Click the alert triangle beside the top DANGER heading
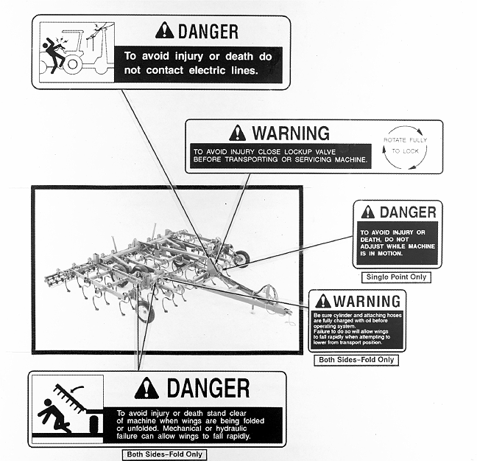164,30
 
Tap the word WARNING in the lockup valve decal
291,133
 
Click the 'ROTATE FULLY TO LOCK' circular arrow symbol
405,148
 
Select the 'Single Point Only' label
396,277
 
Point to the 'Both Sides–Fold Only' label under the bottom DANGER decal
165,454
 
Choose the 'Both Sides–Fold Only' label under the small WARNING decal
356,360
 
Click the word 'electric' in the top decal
207,70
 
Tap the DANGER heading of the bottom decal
208,388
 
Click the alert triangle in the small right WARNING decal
322,301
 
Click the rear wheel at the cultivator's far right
242,259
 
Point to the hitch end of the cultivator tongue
288,313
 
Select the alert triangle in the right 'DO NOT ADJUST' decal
368,212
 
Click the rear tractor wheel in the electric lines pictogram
72,64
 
